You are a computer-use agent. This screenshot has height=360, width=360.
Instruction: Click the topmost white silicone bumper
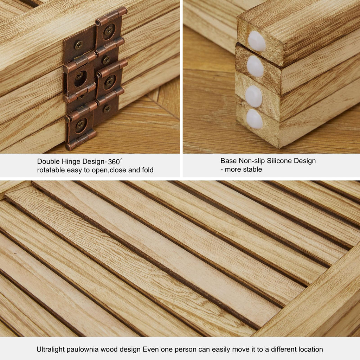[256, 41]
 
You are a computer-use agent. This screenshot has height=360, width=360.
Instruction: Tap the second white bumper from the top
[255, 66]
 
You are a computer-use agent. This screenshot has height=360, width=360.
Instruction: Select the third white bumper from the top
[253, 96]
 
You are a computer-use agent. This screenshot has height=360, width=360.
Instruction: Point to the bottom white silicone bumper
[255, 119]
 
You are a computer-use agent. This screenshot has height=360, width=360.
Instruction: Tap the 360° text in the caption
[115, 161]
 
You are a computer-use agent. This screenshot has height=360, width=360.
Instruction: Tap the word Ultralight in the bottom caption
[51, 349]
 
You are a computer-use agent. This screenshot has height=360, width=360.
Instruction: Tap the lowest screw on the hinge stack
[81, 125]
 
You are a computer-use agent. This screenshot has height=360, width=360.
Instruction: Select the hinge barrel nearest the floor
[81, 140]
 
